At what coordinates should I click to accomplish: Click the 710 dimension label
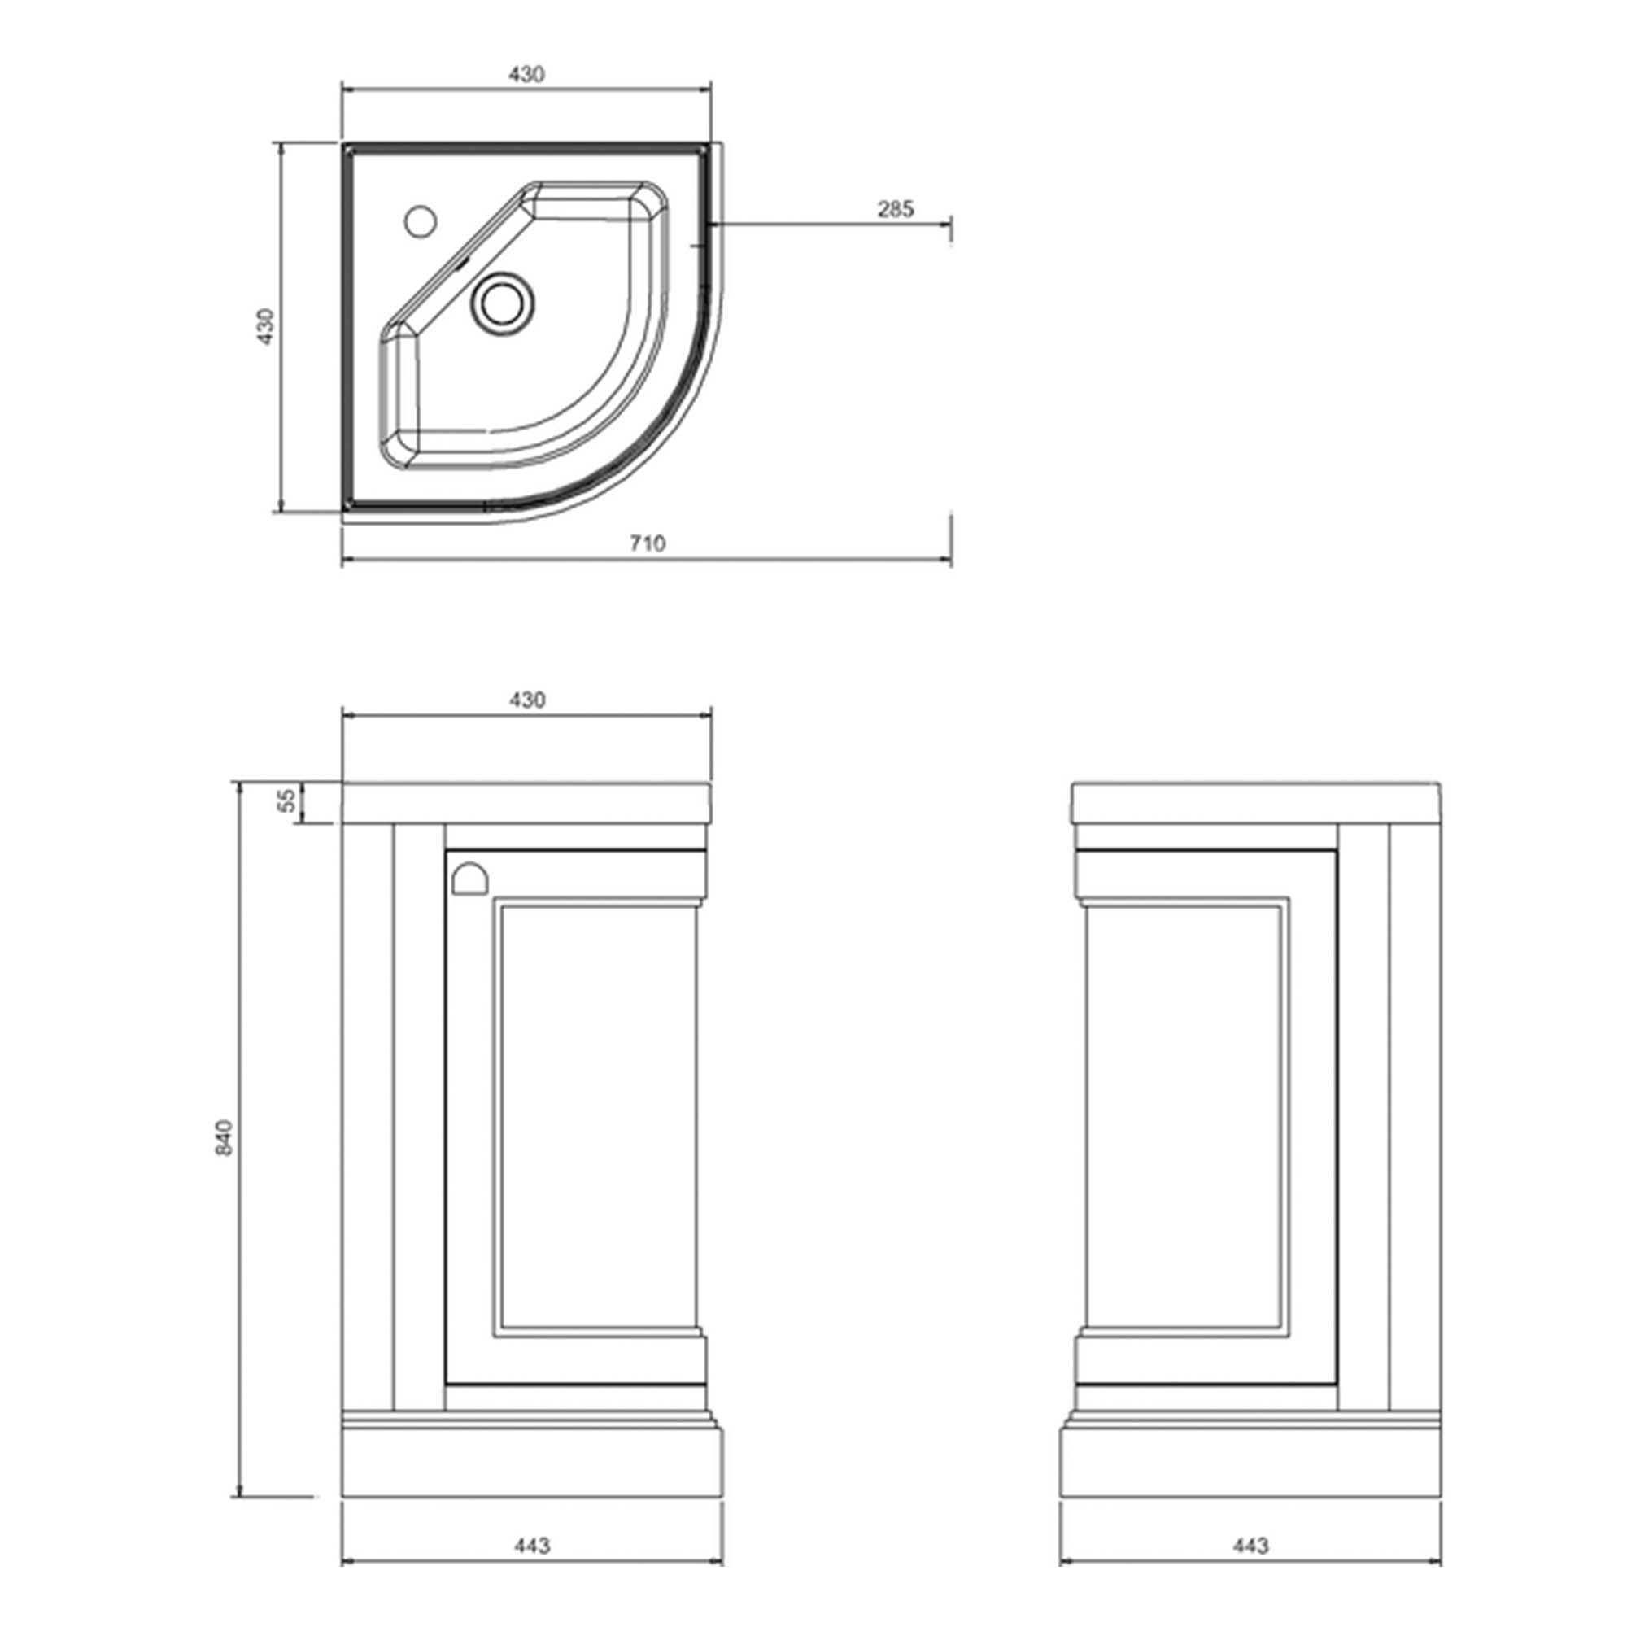647,543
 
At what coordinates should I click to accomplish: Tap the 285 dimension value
895,209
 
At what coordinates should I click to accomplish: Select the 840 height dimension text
224,1137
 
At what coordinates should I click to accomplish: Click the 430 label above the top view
526,74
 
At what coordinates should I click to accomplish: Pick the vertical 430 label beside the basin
266,326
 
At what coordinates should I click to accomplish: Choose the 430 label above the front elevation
527,700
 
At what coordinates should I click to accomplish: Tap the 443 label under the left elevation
531,1546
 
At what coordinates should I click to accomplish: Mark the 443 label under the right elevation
1250,1546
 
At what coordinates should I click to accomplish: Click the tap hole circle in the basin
420,221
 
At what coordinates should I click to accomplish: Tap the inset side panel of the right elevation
1186,1120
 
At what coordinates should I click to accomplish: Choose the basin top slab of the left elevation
527,802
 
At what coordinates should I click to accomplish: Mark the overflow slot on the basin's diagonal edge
460,262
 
